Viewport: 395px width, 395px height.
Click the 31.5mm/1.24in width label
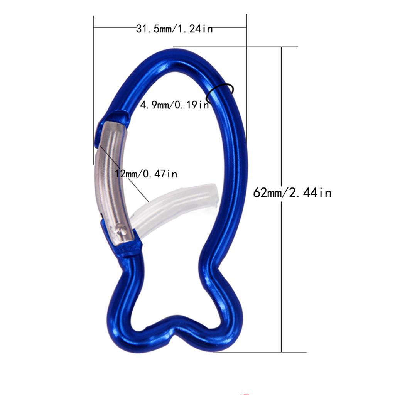click(x=174, y=29)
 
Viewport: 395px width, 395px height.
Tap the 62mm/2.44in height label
click(x=292, y=192)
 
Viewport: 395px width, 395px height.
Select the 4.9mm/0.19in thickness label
click(x=174, y=105)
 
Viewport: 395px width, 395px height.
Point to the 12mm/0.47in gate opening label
click(x=146, y=174)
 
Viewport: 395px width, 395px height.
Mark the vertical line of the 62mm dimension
click(x=282, y=270)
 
